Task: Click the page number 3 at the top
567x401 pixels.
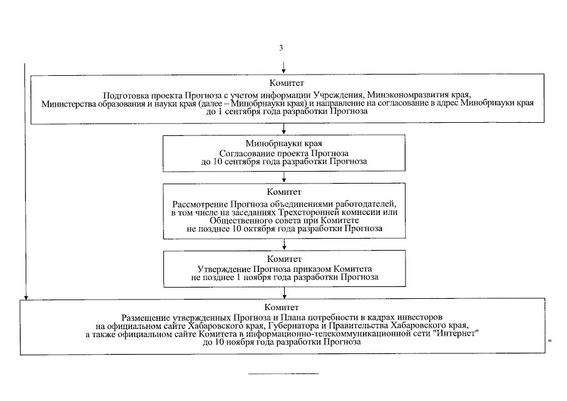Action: tap(282, 48)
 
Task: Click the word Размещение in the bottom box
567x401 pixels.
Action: tap(146, 318)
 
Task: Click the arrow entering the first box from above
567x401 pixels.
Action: tap(284, 68)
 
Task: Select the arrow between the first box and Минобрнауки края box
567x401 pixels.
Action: tap(284, 129)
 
